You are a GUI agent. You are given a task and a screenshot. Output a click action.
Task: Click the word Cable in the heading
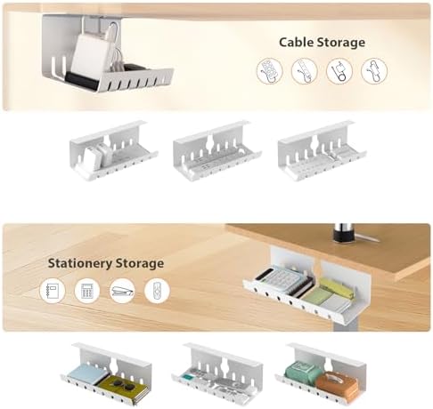(295, 42)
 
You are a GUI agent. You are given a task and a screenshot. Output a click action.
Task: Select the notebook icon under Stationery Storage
(53, 291)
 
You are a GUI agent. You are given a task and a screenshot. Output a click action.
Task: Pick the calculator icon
(87, 291)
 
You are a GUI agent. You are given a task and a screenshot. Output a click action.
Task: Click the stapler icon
(122, 291)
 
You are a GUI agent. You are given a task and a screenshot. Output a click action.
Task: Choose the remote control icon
(157, 291)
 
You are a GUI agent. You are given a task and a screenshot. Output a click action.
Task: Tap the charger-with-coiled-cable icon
(339, 71)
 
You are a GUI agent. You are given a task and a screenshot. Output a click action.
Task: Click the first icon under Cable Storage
(269, 71)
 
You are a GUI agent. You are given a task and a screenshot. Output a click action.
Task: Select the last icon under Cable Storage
(374, 71)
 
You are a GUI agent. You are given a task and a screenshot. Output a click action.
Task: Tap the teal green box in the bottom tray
(303, 372)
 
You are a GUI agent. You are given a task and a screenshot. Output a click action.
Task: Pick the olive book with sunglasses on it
(123, 389)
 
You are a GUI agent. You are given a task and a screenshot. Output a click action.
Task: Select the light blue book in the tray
(86, 374)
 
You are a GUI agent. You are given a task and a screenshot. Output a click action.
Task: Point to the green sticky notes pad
(316, 295)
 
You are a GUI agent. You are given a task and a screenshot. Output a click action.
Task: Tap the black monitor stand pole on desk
(344, 233)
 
